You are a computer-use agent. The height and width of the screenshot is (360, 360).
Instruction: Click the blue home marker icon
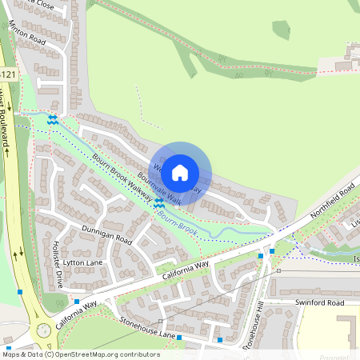tap(180, 172)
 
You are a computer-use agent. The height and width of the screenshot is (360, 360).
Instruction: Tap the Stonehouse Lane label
tap(146, 326)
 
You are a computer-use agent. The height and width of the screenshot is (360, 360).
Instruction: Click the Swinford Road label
tap(318, 303)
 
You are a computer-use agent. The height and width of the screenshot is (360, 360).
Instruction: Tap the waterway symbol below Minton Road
tap(52, 120)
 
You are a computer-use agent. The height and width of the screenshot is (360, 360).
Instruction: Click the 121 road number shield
tap(8, 74)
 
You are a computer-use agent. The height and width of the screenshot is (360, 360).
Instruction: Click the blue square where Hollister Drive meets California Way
tap(19, 292)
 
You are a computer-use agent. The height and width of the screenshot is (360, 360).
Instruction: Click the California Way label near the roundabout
tap(76, 314)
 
